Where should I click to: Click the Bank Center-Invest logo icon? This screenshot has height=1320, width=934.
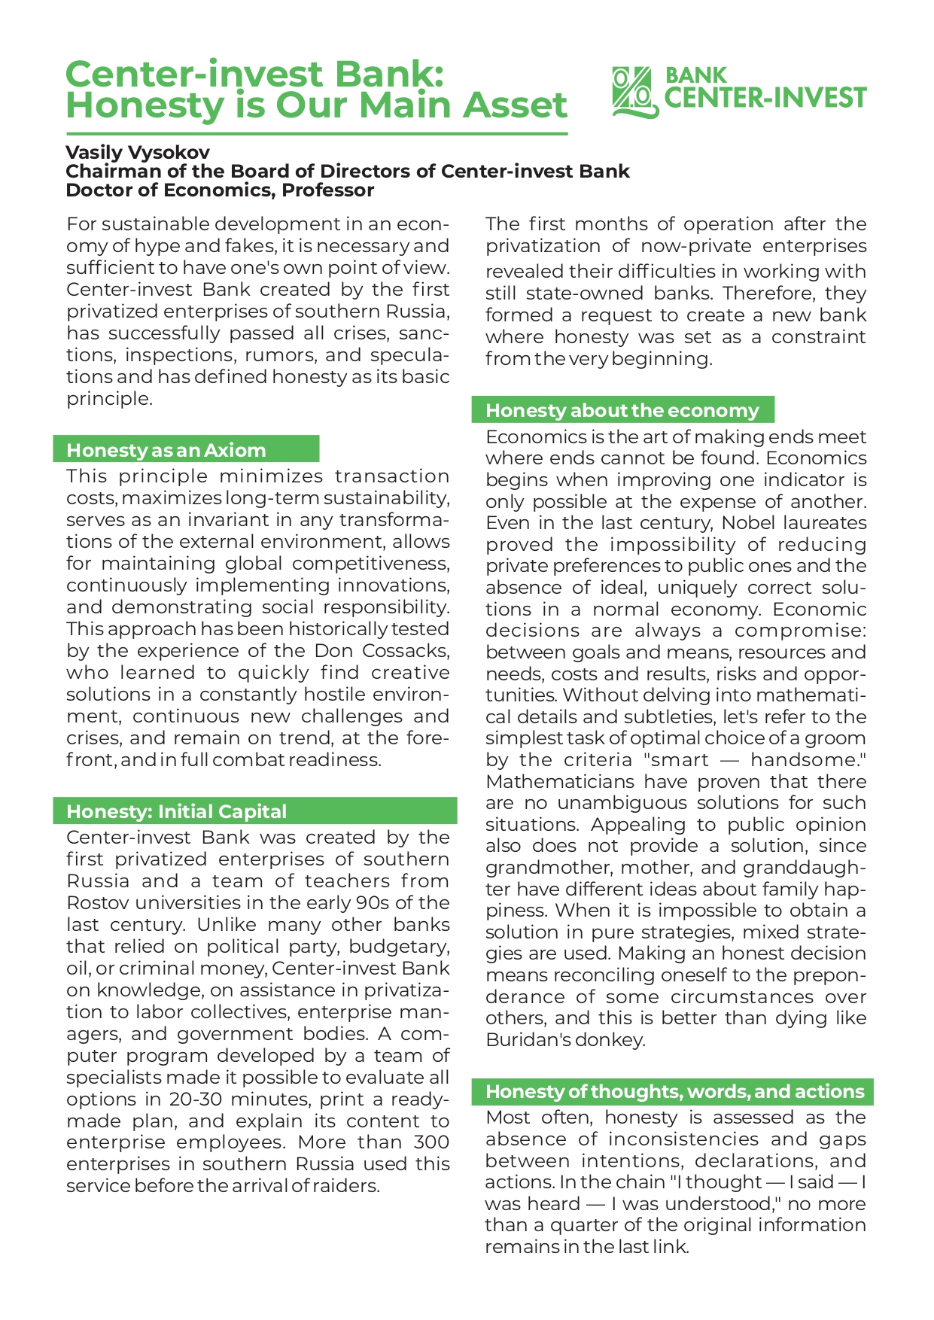tap(634, 92)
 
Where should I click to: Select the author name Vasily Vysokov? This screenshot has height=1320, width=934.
tap(138, 152)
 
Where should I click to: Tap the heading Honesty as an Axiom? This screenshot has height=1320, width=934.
tap(166, 450)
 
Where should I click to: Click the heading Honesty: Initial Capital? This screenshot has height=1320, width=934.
tap(177, 811)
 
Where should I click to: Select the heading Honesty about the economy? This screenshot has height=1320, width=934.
tap(622, 410)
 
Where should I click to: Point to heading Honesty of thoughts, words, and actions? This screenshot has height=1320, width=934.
tap(674, 1091)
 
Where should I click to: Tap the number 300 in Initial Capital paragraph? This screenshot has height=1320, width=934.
tap(432, 1142)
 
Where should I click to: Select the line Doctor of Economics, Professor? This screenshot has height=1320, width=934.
tap(220, 190)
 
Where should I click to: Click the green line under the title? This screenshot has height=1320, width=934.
tap(316, 134)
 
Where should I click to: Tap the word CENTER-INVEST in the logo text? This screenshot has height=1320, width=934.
tap(766, 99)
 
